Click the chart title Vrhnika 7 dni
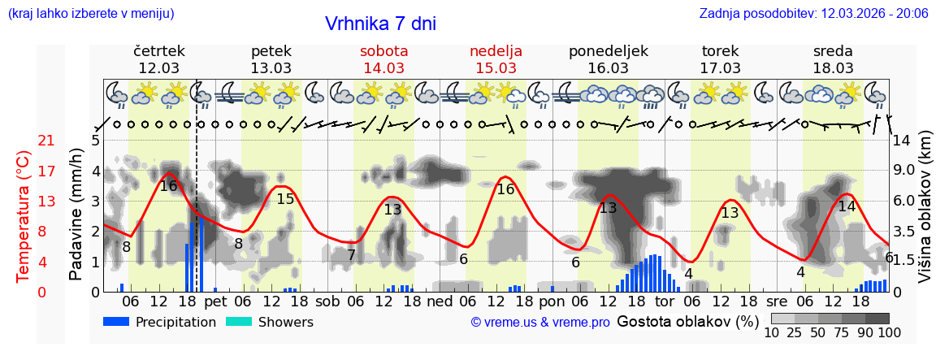pos(380,24)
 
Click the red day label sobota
pos(383,51)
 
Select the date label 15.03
pos(496,67)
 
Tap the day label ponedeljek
pos(609,51)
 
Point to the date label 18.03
pos(833,67)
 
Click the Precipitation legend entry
pos(159,322)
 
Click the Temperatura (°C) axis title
pos(24,215)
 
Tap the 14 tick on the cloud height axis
pos(901,141)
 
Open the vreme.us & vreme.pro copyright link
pos(540,322)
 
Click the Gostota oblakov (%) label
pos(687,321)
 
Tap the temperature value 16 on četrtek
pos(168,185)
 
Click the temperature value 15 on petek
pos(285,199)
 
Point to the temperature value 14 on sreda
pos(847,206)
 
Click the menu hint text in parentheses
pos(90,13)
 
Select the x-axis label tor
pos(665,301)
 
